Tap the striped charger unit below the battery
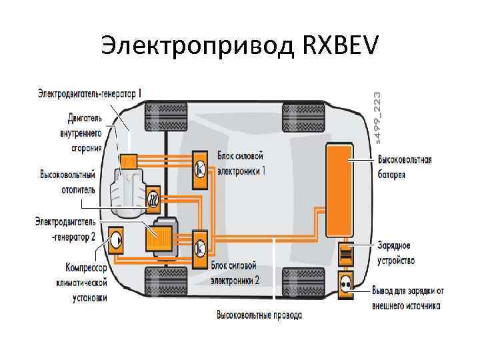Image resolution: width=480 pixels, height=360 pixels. point(346,254)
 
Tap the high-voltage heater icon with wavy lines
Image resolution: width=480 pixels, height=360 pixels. point(153,198)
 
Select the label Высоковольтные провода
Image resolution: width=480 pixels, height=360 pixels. point(259,314)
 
